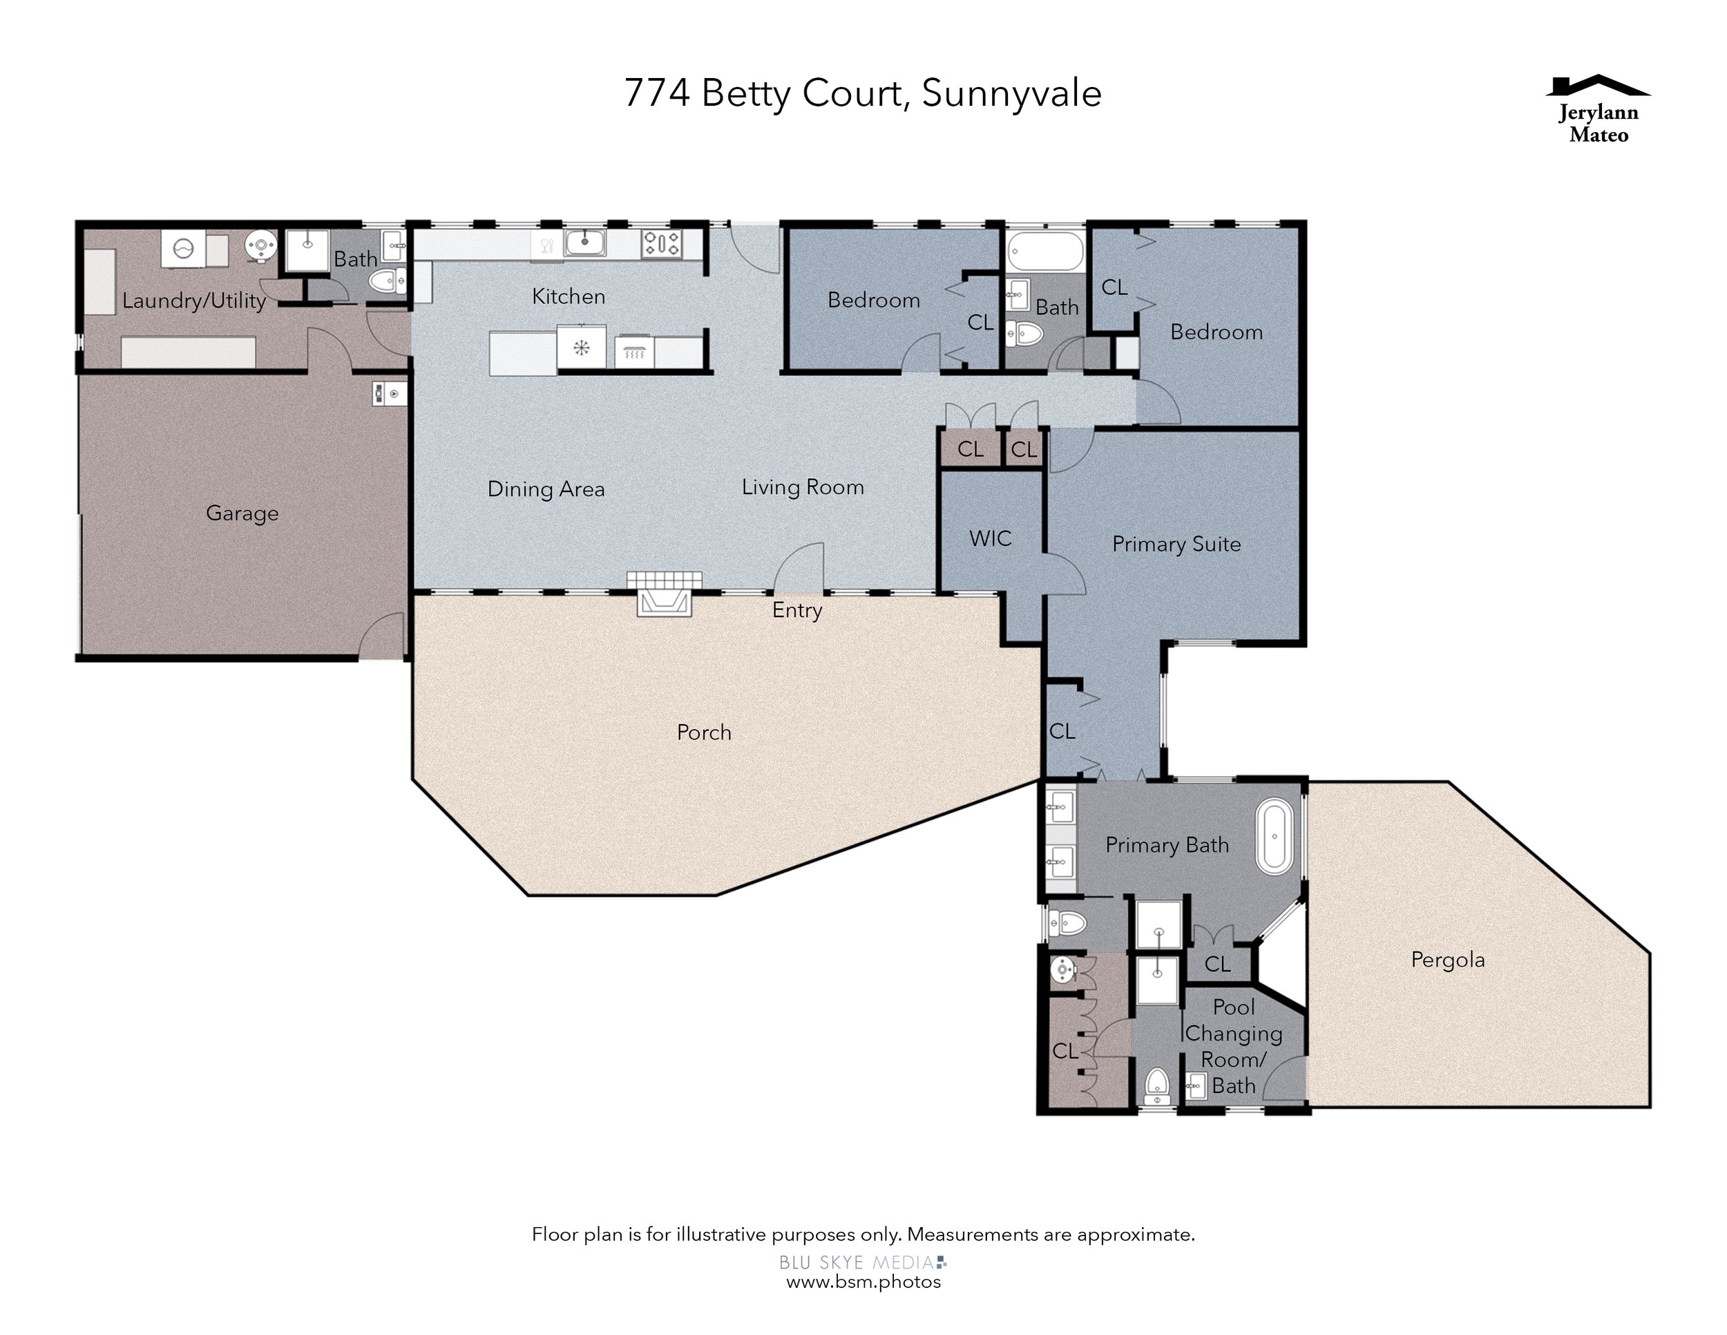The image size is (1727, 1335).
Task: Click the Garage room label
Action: pyautogui.click(x=242, y=513)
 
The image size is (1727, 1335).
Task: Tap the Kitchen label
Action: pyautogui.click(x=569, y=296)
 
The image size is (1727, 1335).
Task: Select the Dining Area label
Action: pyautogui.click(x=546, y=489)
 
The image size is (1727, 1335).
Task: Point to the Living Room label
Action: pyautogui.click(x=803, y=488)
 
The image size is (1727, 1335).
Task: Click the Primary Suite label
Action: pyautogui.click(x=1176, y=544)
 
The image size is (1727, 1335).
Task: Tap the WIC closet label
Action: pyautogui.click(x=990, y=538)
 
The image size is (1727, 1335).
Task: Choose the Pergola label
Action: pyautogui.click(x=1448, y=960)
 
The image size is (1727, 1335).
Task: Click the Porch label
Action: pyautogui.click(x=704, y=732)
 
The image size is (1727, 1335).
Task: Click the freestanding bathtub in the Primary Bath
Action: pyautogui.click(x=1275, y=837)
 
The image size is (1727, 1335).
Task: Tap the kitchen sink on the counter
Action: pyautogui.click(x=585, y=243)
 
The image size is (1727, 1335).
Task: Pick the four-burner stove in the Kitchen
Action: pyautogui.click(x=661, y=243)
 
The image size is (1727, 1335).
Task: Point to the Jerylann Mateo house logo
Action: pyautogui.click(x=1598, y=110)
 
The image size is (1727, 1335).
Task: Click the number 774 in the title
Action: pyautogui.click(x=656, y=93)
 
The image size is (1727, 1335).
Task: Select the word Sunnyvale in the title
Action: pyautogui.click(x=1011, y=94)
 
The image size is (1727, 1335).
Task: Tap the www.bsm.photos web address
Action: pyautogui.click(x=863, y=1282)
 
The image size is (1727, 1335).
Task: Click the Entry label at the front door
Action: pyautogui.click(x=797, y=611)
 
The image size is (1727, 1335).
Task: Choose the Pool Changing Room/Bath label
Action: pyautogui.click(x=1234, y=1046)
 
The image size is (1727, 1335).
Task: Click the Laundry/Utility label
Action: pyautogui.click(x=193, y=301)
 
